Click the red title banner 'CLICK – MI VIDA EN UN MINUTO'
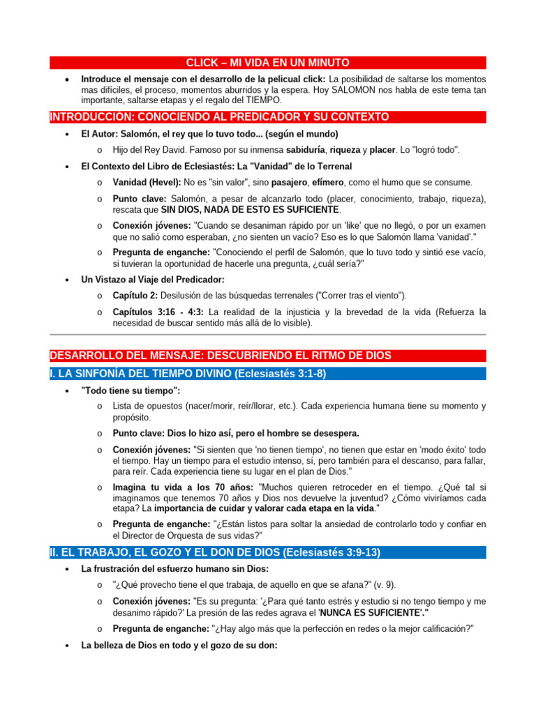click(268, 63)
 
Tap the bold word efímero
click(331, 182)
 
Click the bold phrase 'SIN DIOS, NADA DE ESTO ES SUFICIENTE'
click(251, 209)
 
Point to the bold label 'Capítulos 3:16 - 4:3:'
click(158, 312)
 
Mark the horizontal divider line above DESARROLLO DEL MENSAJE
click(267, 334)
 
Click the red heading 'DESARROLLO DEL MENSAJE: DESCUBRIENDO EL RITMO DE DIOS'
click(221, 356)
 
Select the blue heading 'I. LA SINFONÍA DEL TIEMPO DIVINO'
click(188, 373)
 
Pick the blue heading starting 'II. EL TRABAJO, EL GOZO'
click(215, 552)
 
